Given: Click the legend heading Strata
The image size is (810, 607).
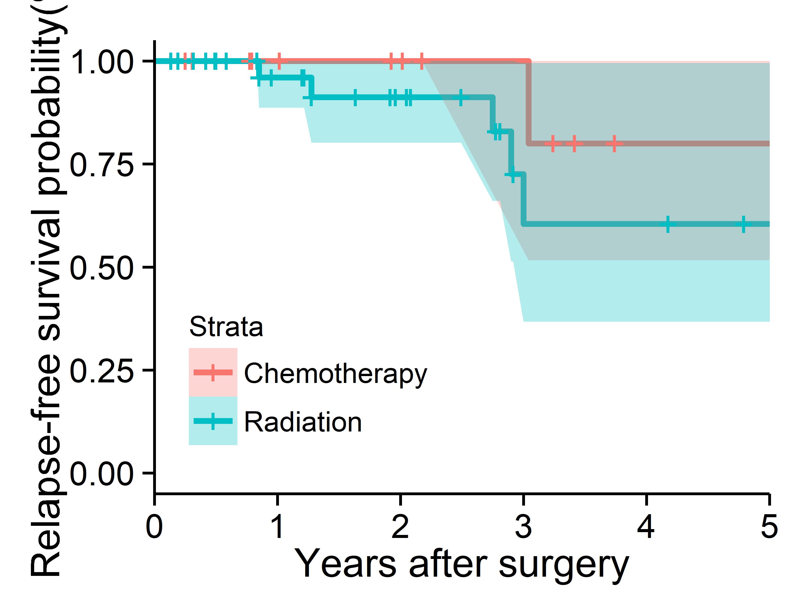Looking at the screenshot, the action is click(226, 327).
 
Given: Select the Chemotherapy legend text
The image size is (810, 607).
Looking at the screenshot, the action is click(335, 374).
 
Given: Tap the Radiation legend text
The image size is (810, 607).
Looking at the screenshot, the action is click(303, 422).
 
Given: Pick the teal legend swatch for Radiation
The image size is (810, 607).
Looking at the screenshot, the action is click(213, 421).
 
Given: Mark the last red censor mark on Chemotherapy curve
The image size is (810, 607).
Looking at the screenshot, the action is click(614, 143).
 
